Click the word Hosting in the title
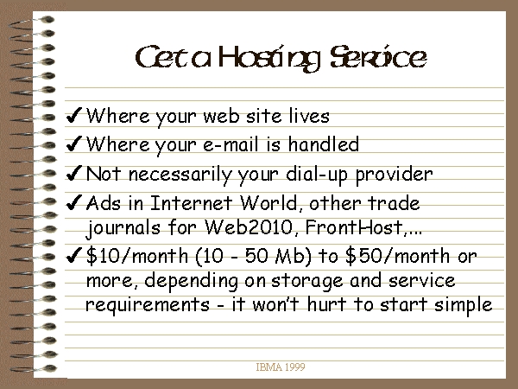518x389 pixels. (x=269, y=58)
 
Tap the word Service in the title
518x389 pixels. (x=378, y=57)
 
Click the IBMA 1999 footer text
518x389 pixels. (x=281, y=367)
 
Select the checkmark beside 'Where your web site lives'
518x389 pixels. (x=73, y=115)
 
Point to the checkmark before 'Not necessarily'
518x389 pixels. (x=73, y=173)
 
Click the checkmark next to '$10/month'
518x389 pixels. (x=73, y=255)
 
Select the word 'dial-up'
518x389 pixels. (x=317, y=175)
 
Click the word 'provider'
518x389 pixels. (x=395, y=175)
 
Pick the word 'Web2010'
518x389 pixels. (x=249, y=226)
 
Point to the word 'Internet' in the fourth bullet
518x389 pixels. (x=192, y=202)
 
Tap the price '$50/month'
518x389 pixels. (x=397, y=256)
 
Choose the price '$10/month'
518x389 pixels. (x=137, y=256)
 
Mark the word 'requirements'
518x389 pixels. (x=148, y=305)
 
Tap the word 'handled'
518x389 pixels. (x=324, y=143)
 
